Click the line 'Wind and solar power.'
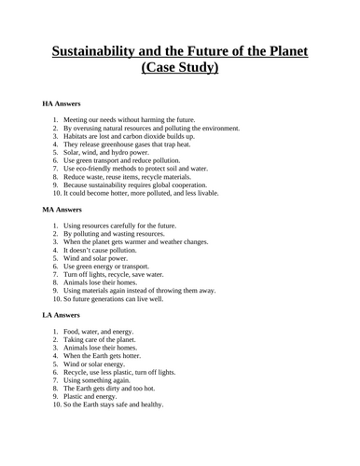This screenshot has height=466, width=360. (x=99, y=260)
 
